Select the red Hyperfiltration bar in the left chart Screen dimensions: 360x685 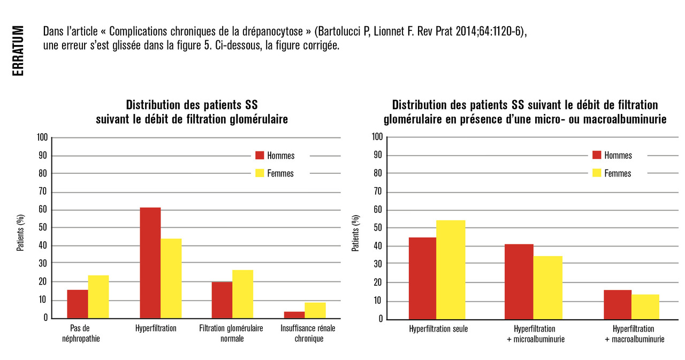[150, 263]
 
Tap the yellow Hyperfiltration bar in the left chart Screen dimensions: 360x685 [171, 278]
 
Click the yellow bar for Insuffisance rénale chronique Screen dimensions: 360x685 [315, 310]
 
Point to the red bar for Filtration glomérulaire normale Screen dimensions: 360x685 [222, 300]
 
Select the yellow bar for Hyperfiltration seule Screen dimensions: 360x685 [451, 270]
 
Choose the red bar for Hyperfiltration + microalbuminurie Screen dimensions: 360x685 [519, 281]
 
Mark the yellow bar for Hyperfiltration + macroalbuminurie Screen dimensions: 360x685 [645, 307]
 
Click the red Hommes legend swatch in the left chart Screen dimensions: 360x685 [260, 156]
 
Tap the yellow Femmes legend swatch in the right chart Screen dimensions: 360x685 [597, 173]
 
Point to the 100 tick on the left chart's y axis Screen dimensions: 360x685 [42, 138]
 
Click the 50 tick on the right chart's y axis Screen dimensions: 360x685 [378, 228]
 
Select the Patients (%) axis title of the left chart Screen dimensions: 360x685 [20, 236]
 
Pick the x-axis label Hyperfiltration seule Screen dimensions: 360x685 [438, 329]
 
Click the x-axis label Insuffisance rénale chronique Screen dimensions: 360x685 [308, 333]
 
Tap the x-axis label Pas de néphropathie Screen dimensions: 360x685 [85, 333]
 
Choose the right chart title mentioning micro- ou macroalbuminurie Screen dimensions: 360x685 [524, 112]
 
